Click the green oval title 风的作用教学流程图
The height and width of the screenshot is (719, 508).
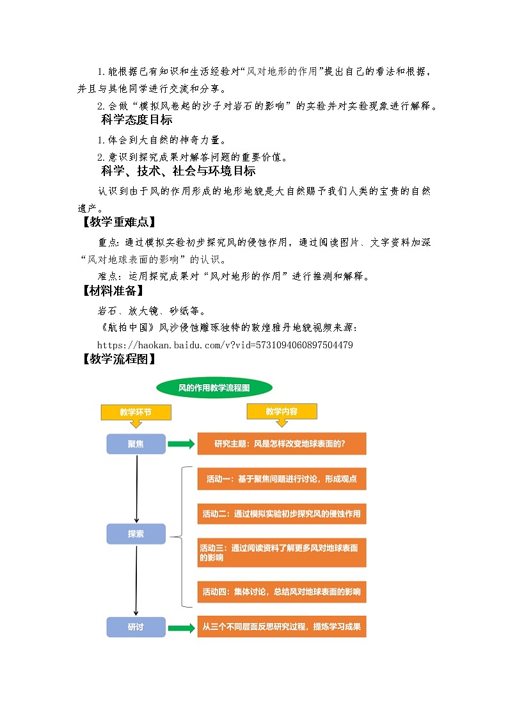[214, 387]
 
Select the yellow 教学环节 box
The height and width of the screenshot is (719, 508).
[136, 412]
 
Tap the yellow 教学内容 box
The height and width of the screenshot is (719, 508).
[282, 412]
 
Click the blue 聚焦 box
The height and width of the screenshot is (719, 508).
[136, 444]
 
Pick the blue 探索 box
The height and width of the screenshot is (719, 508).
[136, 533]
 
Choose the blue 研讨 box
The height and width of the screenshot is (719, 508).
[136, 627]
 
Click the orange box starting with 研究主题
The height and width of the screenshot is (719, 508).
[282, 444]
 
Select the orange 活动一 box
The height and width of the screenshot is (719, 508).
[282, 479]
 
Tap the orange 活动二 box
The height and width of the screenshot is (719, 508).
[282, 513]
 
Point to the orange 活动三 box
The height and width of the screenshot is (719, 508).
[282, 553]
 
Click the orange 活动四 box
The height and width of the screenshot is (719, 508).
[282, 592]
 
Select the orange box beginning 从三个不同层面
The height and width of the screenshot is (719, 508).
[282, 627]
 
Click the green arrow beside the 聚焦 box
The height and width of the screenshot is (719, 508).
[182, 444]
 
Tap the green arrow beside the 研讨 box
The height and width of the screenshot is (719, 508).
[182, 627]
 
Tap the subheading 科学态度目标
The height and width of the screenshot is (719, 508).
[136, 120]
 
